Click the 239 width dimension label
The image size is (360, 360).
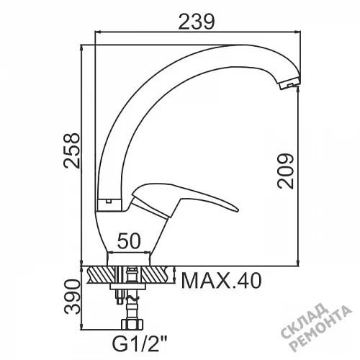click(196, 22)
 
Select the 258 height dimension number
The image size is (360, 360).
click(71, 150)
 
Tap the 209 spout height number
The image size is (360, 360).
click(285, 171)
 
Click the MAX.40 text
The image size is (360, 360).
click(221, 281)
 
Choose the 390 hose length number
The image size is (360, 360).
click(71, 297)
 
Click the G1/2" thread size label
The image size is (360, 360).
click(140, 345)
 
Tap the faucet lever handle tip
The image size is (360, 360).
click(238, 210)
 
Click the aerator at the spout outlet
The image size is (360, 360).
click(289, 84)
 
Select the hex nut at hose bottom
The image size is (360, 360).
click(132, 324)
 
